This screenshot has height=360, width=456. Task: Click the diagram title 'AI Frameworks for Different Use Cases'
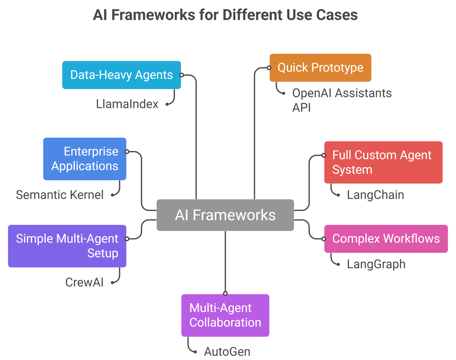(x=225, y=15)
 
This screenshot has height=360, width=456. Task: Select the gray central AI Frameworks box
(x=225, y=215)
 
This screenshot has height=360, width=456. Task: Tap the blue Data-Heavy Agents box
(x=121, y=75)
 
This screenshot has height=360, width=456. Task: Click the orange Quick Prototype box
(x=320, y=67)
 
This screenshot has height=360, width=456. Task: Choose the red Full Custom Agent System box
(x=383, y=162)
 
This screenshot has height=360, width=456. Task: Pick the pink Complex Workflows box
(x=386, y=239)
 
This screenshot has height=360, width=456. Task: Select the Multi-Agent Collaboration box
(x=225, y=315)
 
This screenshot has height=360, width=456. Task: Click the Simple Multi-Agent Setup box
(x=67, y=246)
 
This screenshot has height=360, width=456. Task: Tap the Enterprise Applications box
(x=84, y=159)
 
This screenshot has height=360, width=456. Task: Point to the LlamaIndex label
(x=127, y=104)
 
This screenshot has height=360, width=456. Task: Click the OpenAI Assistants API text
(x=341, y=100)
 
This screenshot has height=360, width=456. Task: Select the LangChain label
(x=375, y=195)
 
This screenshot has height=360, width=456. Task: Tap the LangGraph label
(x=376, y=264)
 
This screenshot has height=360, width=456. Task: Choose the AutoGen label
(x=227, y=351)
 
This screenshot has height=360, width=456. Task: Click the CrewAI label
(x=84, y=282)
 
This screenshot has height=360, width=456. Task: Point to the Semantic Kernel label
(x=60, y=195)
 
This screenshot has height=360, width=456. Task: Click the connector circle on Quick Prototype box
(x=269, y=68)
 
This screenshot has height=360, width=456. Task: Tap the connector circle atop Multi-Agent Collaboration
(x=225, y=293)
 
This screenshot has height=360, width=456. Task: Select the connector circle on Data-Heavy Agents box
(x=182, y=75)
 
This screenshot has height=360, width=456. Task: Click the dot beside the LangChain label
(x=338, y=195)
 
